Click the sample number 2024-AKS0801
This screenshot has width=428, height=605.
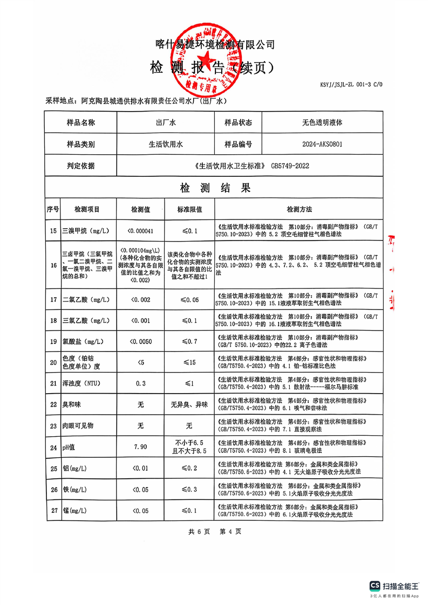tap(322, 145)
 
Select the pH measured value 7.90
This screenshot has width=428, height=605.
tap(140, 447)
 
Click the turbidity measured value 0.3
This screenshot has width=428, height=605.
tap(140, 383)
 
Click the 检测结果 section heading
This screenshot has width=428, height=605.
tap(214, 188)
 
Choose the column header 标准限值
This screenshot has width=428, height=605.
tap(189, 209)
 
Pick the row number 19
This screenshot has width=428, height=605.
tap(53, 341)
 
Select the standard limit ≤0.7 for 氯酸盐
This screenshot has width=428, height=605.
tap(189, 341)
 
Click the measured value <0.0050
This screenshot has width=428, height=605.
tap(140, 341)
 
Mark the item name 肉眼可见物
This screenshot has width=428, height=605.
tap(78, 426)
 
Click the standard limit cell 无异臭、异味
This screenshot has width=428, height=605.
tap(189, 404)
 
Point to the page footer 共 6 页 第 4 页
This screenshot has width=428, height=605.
tap(214, 531)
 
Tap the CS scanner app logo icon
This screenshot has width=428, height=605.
tap(375, 586)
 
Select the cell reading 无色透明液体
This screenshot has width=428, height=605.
tap(322, 123)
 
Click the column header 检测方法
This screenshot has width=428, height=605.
tap(299, 209)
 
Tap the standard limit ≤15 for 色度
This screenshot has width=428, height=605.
tap(189, 362)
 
